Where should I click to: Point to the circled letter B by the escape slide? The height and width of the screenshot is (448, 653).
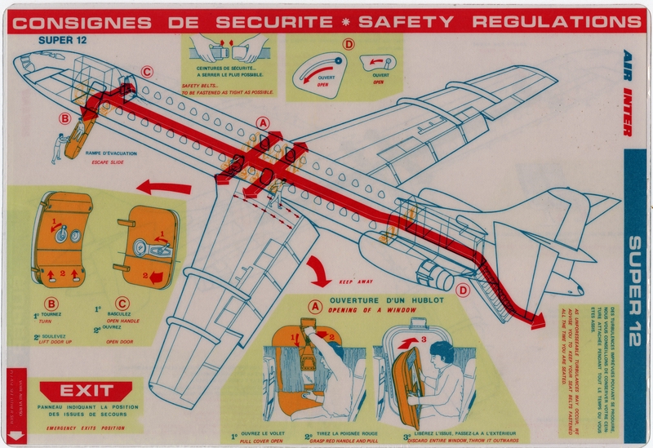click(64, 118)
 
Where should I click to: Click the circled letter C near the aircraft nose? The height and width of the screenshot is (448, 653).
click(146, 72)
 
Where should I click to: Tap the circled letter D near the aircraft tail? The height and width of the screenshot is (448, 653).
click(463, 289)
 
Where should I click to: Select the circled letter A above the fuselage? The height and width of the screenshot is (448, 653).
click(262, 122)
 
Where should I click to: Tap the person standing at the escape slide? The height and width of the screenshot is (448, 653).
click(58, 149)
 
